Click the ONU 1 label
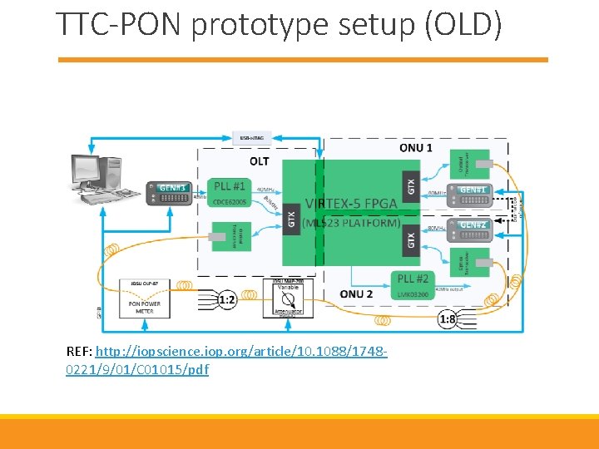point(415,148)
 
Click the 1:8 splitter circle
point(447,318)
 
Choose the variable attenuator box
point(288,298)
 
